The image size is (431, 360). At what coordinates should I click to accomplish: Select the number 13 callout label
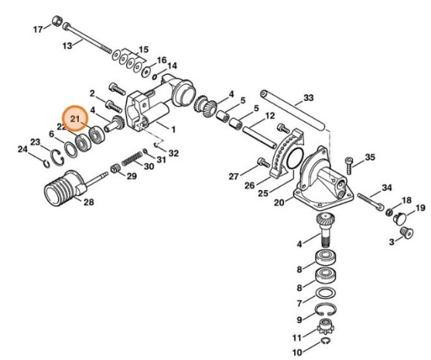(66, 45)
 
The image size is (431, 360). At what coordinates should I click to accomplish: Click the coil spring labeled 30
(132, 158)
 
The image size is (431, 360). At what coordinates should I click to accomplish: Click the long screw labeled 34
(371, 198)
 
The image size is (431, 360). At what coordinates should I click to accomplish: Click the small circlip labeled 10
(326, 341)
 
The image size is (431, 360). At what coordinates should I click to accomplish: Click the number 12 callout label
(270, 116)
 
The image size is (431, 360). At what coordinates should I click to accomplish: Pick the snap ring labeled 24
(46, 156)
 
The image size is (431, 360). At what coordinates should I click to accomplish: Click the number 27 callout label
(233, 177)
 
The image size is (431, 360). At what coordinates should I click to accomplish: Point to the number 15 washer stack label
(143, 49)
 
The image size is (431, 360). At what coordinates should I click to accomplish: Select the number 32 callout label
(173, 154)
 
